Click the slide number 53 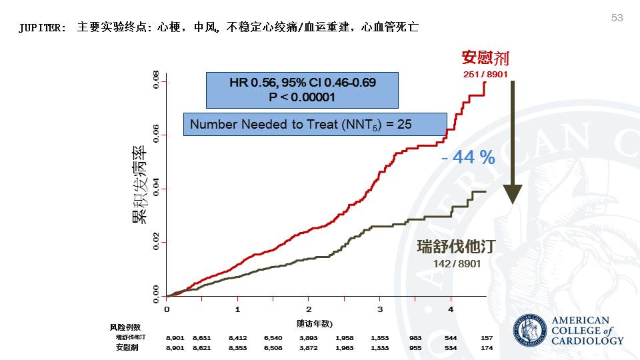[x=617, y=18]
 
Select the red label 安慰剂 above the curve [x=485, y=58]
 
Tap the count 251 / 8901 [x=485, y=74]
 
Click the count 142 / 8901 [x=457, y=263]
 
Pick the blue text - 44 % [x=468, y=157]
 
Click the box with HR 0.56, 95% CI [x=302, y=90]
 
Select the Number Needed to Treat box [x=315, y=125]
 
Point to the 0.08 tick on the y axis [x=156, y=82]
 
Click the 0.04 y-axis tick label [x=156, y=189]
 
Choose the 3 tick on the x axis [x=379, y=309]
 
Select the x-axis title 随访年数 [x=315, y=324]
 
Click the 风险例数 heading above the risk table [x=125, y=327]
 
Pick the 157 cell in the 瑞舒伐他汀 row [x=487, y=338]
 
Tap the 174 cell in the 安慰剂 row [x=487, y=347]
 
